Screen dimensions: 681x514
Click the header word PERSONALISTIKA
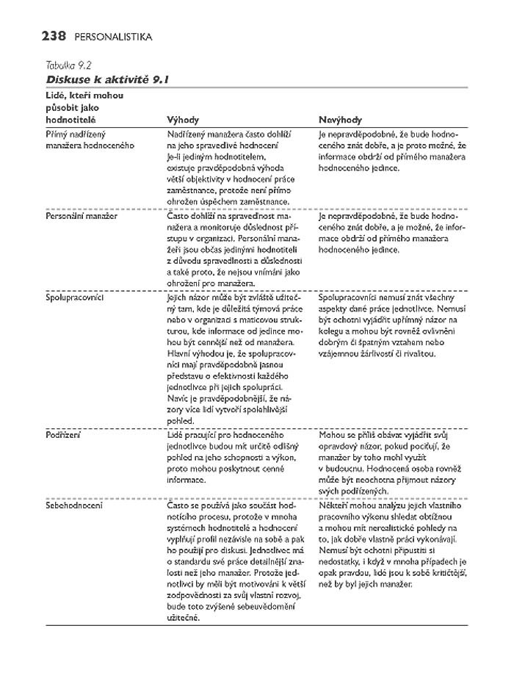(114, 36)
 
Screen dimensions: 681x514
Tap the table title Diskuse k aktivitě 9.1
(101, 78)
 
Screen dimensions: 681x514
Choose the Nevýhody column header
(340, 119)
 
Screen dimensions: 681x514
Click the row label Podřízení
(63, 434)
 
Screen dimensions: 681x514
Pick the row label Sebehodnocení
(74, 505)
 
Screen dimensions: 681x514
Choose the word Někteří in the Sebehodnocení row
(336, 505)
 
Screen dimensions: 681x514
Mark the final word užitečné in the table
(184, 618)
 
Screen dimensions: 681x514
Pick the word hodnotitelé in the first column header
(70, 119)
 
